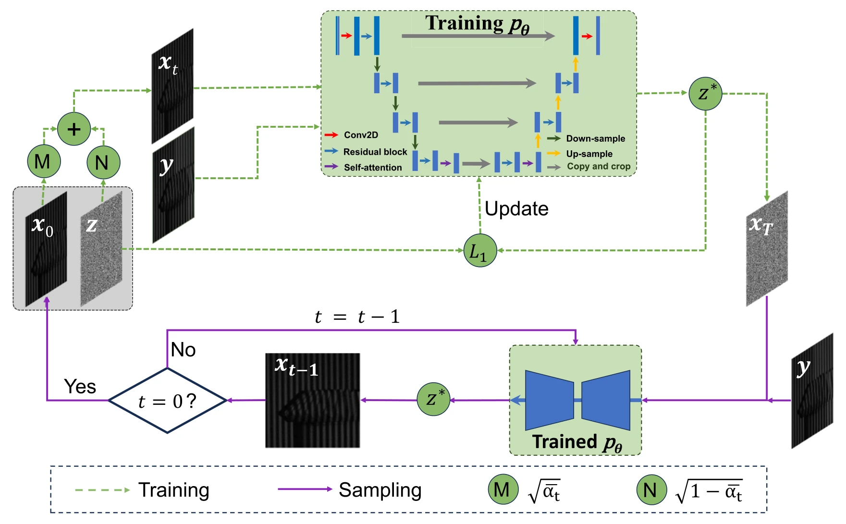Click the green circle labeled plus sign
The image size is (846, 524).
click(x=74, y=129)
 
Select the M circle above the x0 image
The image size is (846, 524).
click(x=44, y=161)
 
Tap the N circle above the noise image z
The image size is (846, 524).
click(x=103, y=162)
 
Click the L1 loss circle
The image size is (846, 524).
click(x=480, y=250)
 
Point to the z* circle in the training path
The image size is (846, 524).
click(x=705, y=94)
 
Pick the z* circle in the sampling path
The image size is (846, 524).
click(x=433, y=399)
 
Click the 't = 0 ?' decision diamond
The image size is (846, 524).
click(x=167, y=401)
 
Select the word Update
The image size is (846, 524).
click(x=516, y=208)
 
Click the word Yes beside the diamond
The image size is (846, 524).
click(x=80, y=387)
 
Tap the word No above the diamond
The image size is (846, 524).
click(x=183, y=350)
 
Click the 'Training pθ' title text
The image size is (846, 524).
click(x=477, y=24)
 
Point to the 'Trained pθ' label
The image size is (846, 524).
click(x=577, y=442)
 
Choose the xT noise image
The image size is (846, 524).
click(x=767, y=249)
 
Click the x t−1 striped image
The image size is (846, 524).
click(x=313, y=401)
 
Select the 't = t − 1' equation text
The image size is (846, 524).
click(x=357, y=317)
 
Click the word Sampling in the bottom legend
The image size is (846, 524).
click(x=380, y=490)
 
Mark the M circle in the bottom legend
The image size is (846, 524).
click(x=503, y=489)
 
